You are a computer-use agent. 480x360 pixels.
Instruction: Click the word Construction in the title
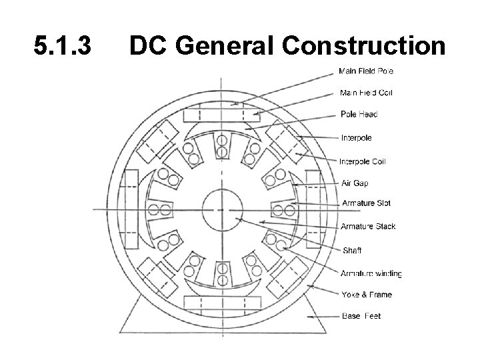point(364,47)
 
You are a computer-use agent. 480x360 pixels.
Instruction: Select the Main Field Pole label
point(366,71)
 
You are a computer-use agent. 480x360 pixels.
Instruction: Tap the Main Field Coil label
point(366,93)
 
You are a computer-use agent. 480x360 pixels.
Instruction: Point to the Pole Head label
point(359,114)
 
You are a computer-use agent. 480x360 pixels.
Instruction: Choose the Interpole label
point(356,138)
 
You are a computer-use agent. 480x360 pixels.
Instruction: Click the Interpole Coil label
point(362,161)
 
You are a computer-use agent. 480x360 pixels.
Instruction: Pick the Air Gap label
point(355,183)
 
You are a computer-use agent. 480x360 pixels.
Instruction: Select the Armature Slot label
point(366,203)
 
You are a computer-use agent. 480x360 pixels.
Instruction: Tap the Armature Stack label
point(368,227)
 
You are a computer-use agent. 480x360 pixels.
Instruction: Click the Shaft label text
point(351,251)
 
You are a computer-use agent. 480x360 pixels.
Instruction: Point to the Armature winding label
point(371,273)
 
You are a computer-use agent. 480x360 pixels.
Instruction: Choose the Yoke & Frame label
point(366,295)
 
